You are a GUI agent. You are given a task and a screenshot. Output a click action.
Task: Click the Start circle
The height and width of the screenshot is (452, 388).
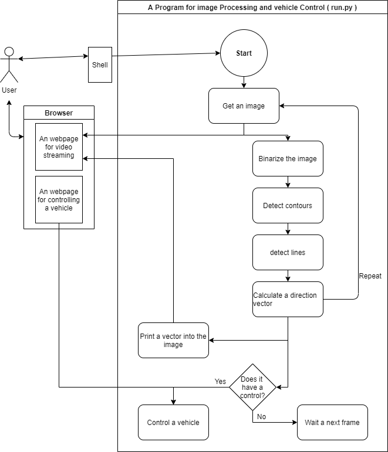click(x=244, y=53)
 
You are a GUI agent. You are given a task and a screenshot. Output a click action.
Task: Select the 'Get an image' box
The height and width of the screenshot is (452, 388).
click(x=244, y=106)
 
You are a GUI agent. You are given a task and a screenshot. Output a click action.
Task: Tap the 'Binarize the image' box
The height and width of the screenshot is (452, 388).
click(x=288, y=159)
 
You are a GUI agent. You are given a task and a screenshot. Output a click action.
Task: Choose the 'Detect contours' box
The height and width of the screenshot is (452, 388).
click(x=288, y=206)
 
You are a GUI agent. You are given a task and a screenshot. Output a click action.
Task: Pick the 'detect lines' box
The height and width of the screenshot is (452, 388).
click(x=288, y=253)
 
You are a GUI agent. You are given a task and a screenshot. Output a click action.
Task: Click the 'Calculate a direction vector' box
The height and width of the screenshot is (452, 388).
click(x=288, y=300)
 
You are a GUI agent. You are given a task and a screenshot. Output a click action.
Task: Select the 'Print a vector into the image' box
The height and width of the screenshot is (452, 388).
click(x=173, y=341)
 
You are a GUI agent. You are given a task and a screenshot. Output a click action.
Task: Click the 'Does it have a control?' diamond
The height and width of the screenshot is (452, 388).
click(x=252, y=387)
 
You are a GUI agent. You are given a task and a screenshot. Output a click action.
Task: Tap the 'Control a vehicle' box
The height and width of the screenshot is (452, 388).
click(x=173, y=422)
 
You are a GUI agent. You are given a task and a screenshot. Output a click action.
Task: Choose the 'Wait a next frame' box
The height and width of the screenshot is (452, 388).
click(x=332, y=422)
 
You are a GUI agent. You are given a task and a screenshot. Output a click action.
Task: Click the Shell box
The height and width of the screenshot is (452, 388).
click(x=100, y=64)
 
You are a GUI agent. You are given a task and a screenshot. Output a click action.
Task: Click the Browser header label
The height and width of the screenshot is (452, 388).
click(x=59, y=113)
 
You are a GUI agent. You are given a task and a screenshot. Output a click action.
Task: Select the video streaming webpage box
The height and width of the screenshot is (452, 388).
click(x=59, y=147)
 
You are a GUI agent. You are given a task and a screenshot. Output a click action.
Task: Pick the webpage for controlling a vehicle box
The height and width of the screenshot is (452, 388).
click(x=59, y=200)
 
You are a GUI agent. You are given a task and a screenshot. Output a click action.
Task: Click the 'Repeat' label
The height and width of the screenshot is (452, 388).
click(x=370, y=276)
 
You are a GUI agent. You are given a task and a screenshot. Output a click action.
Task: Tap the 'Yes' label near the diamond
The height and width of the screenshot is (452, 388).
click(x=220, y=382)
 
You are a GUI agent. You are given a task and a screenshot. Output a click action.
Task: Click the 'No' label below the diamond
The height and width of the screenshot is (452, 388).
click(x=262, y=417)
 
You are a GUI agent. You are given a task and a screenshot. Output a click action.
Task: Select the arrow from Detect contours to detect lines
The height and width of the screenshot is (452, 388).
click(x=288, y=229)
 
